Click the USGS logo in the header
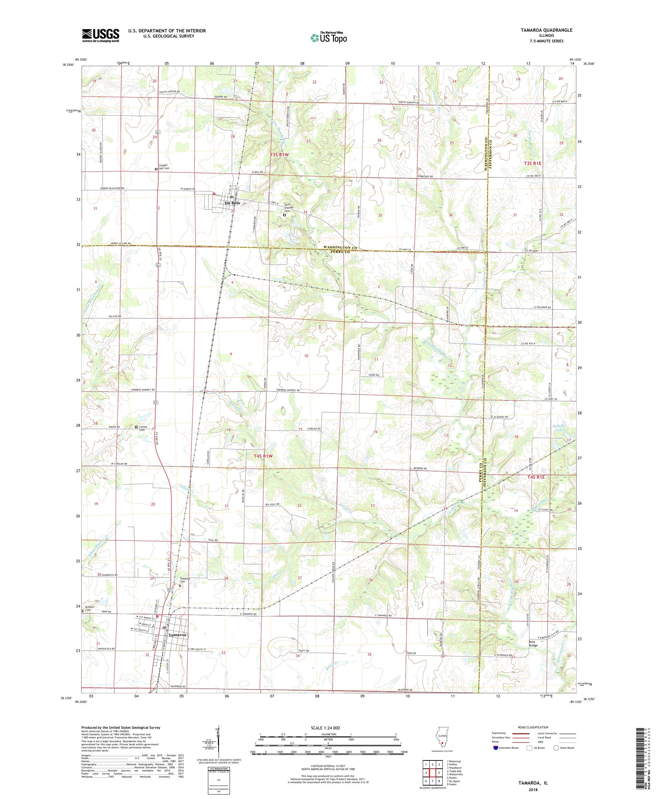tap(101, 35)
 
